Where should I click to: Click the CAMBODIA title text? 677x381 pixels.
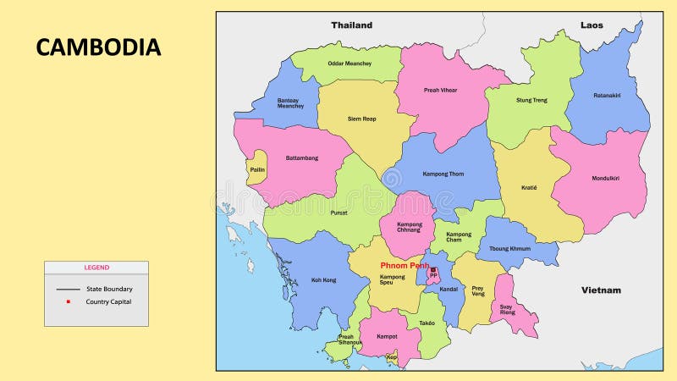(98, 47)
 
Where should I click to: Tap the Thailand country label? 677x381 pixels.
(351, 25)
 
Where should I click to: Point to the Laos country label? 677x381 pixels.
(592, 25)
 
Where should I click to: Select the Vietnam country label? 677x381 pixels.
(601, 290)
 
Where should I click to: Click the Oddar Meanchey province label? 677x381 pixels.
(350, 63)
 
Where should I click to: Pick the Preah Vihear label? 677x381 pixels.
(441, 90)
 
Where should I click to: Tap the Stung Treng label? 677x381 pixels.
(531, 100)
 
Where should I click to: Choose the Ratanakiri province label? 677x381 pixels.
(607, 96)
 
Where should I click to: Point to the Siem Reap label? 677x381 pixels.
(361, 119)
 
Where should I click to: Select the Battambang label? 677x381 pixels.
(301, 157)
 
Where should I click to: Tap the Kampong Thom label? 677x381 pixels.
(443, 174)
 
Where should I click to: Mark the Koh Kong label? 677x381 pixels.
(323, 280)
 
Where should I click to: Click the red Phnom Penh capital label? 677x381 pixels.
(405, 265)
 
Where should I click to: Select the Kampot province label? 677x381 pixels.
(387, 336)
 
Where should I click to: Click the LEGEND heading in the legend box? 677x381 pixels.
(96, 268)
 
